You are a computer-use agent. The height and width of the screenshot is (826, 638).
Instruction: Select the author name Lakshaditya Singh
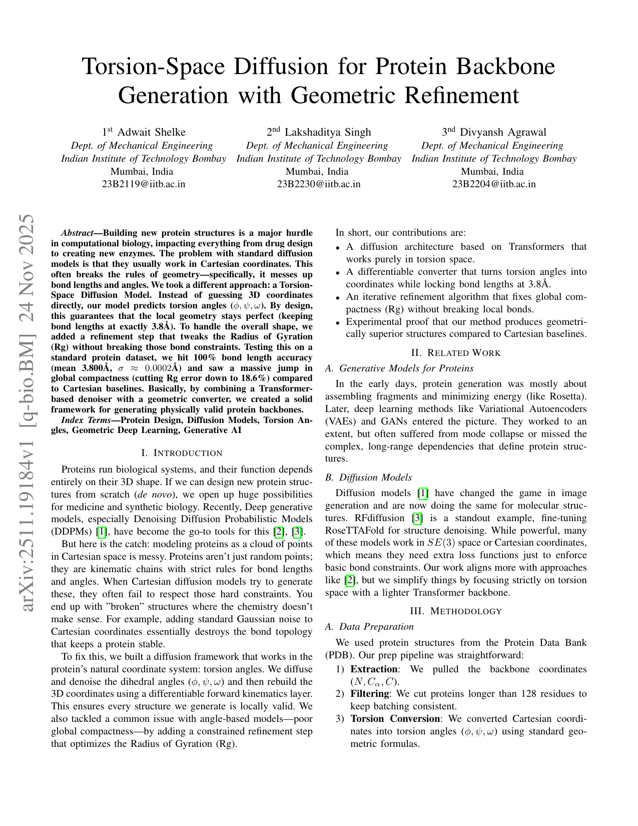pos(328,132)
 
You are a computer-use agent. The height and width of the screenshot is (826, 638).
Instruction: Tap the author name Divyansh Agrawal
pos(503,132)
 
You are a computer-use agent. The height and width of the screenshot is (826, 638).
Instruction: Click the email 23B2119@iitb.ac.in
pos(144,184)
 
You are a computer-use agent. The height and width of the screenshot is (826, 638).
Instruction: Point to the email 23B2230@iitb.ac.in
pos(319,184)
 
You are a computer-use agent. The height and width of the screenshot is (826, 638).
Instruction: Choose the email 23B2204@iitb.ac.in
pos(494,184)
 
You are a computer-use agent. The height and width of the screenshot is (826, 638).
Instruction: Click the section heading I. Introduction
pos(182,453)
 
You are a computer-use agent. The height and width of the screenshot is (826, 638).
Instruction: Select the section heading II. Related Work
pos(456,353)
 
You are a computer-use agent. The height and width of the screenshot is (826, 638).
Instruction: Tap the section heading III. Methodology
pos(456,611)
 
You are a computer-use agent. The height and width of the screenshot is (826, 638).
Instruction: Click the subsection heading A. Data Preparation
pos(369,627)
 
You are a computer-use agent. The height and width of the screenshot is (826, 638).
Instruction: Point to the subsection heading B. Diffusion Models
pos(368,478)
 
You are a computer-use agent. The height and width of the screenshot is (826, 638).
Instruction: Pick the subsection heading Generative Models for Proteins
pos(406,368)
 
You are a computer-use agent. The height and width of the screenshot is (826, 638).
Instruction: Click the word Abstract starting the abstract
pos(77,233)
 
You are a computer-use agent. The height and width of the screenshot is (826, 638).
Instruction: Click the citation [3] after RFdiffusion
pos(416,518)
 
